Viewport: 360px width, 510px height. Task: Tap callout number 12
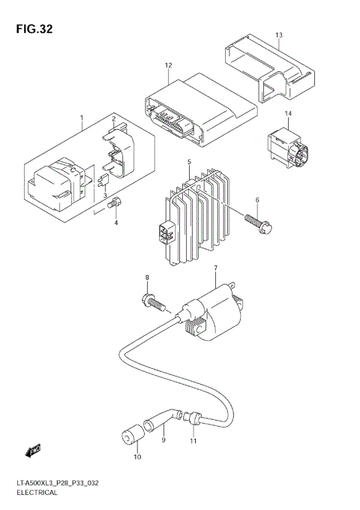(169, 66)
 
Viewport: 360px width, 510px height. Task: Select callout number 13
(278, 35)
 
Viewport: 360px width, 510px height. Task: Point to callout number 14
(287, 113)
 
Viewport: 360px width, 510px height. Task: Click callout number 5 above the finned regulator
(190, 162)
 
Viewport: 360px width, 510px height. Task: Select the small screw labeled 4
(115, 202)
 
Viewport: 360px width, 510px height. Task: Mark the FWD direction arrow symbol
(32, 451)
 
